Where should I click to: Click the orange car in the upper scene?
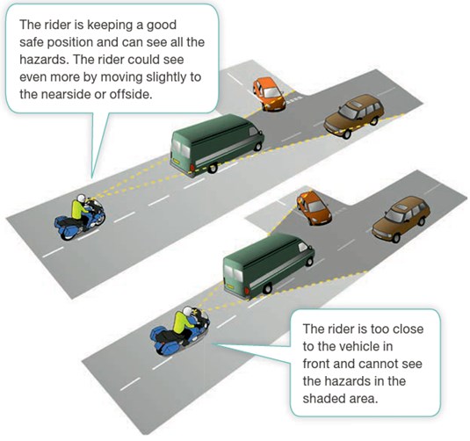tap(268, 94)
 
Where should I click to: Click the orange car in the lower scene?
tap(314, 207)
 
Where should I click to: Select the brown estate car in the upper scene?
tap(354, 116)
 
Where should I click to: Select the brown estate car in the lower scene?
tap(401, 219)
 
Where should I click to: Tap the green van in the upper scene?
tap(217, 144)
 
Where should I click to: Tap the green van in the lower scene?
tap(269, 265)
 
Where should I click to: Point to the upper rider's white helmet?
tap(81, 199)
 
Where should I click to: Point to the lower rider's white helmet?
tap(188, 311)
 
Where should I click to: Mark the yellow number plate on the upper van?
tap(176, 162)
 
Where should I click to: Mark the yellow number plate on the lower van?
tap(230, 287)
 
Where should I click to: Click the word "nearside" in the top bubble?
tap(66, 94)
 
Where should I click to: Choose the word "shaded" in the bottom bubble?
tap(325, 399)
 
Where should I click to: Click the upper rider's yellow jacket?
tap(78, 210)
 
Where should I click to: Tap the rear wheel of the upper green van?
tap(212, 168)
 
